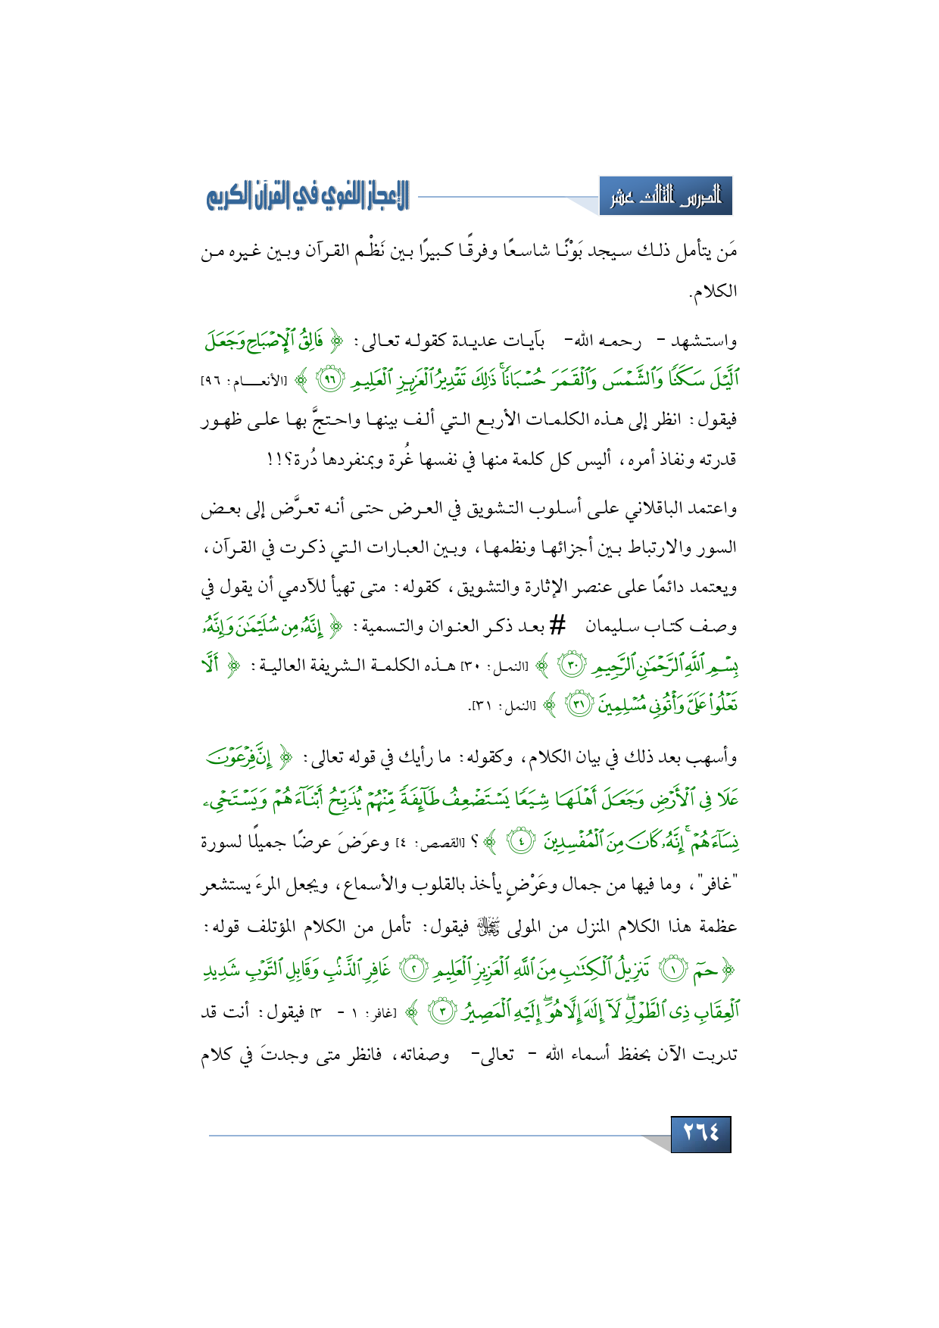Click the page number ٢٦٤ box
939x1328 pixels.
pos(700,1133)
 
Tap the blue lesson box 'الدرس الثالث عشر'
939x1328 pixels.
pos(666,198)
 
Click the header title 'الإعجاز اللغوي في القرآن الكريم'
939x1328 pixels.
pos(307,198)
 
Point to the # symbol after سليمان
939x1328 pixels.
pos(557,625)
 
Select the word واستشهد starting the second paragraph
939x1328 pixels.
pos(705,341)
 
